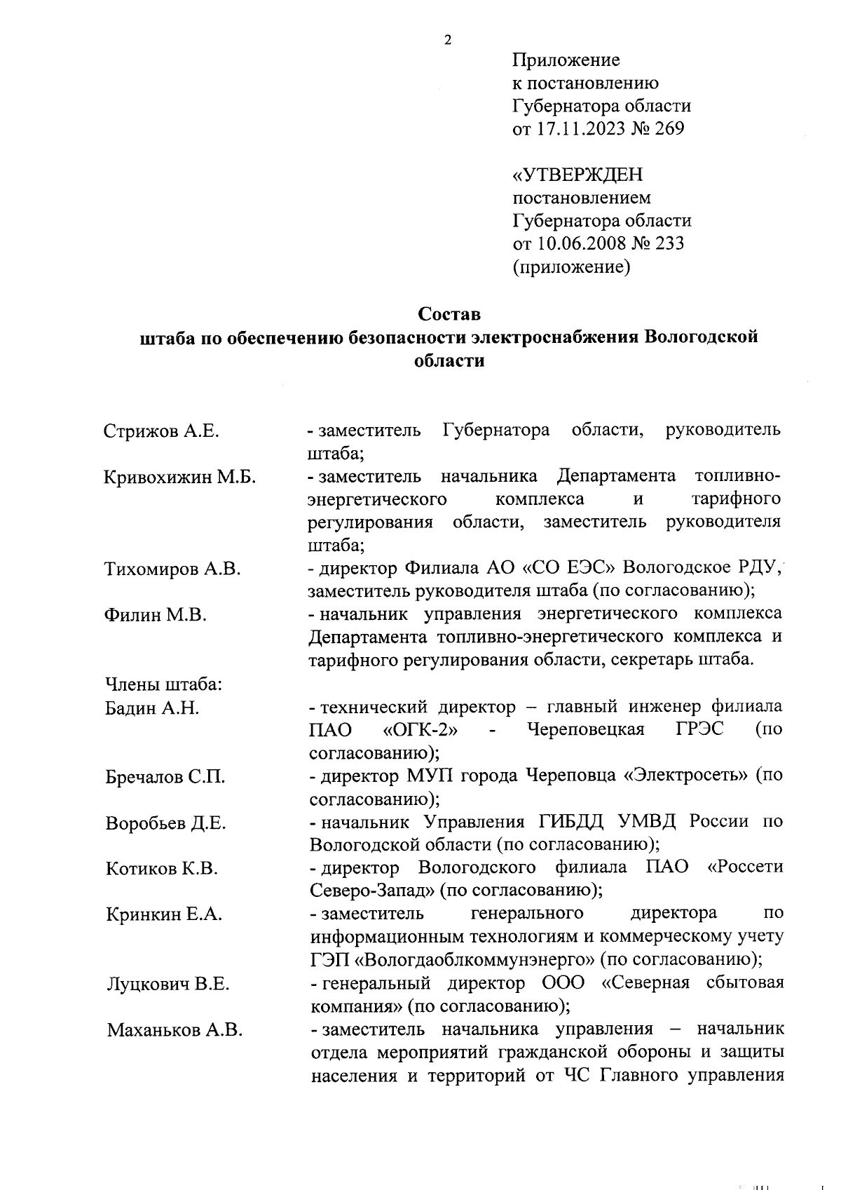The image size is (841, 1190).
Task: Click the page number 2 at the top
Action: coord(448,40)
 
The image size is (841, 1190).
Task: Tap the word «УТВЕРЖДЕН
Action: coord(578,174)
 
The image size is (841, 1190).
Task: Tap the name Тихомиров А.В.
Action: coord(172,569)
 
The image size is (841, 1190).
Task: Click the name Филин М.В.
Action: coord(156,615)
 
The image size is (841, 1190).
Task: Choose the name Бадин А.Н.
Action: coord(152,708)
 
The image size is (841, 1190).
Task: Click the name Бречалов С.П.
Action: coord(165,777)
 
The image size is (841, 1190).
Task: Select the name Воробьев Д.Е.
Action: coord(165,823)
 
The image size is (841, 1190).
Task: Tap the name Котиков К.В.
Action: coord(162,869)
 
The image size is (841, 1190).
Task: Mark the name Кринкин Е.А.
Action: coord(164,914)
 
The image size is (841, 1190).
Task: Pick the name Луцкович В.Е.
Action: coord(167,984)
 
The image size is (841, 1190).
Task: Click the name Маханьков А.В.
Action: coord(175,1030)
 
